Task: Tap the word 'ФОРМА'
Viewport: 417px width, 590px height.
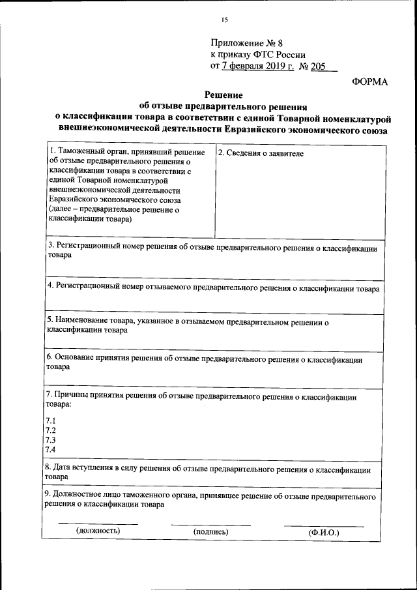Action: point(369,81)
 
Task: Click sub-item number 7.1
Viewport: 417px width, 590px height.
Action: point(50,420)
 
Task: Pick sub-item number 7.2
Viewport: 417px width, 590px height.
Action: point(50,430)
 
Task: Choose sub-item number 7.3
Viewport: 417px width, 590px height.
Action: point(50,440)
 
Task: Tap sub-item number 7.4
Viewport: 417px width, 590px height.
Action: point(50,450)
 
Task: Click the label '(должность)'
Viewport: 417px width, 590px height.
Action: point(98,531)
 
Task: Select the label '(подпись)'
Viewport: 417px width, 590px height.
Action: point(210,531)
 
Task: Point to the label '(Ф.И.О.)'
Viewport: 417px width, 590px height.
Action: point(324,532)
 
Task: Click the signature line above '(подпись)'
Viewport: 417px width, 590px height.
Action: point(210,524)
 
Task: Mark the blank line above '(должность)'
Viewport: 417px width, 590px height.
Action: point(98,524)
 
